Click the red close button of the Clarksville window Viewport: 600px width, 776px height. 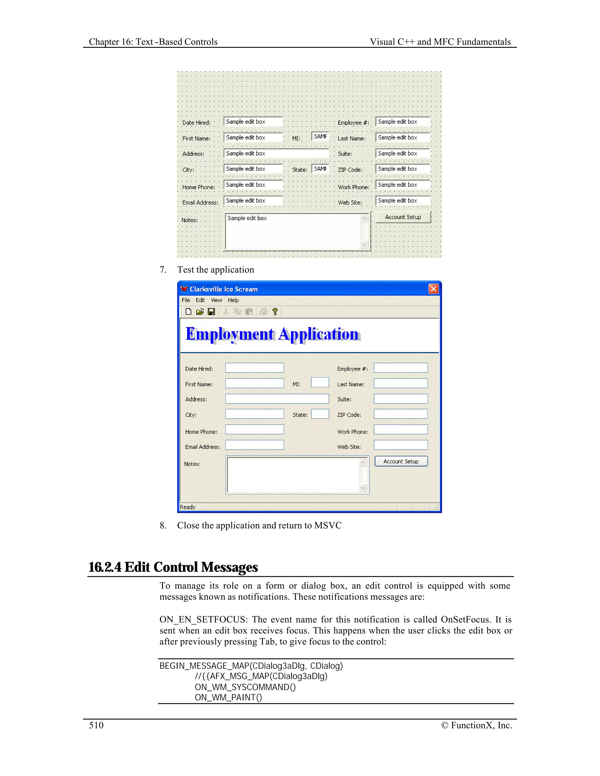click(x=433, y=289)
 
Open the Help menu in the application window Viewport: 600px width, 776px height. click(x=233, y=300)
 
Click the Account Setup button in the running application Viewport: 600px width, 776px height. click(x=401, y=461)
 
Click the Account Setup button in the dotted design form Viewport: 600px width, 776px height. click(x=403, y=217)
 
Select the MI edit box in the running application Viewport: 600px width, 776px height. click(x=320, y=382)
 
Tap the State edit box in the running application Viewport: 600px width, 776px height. click(x=320, y=414)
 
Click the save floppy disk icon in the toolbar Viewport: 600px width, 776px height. click(x=212, y=312)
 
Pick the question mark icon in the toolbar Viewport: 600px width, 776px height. click(x=275, y=312)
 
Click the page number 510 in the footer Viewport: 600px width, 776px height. click(x=96, y=725)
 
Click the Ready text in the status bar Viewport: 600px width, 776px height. click(x=188, y=507)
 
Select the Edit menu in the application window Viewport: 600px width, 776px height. click(x=200, y=300)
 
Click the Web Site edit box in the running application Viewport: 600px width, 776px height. click(x=400, y=445)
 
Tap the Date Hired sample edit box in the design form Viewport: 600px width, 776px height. click(x=253, y=122)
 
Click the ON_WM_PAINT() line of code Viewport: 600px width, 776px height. click(x=228, y=698)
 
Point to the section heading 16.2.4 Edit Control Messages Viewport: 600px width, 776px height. click(x=173, y=567)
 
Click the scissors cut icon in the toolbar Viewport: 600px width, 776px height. click(x=226, y=312)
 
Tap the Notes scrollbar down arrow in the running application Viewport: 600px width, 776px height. click(x=363, y=488)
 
